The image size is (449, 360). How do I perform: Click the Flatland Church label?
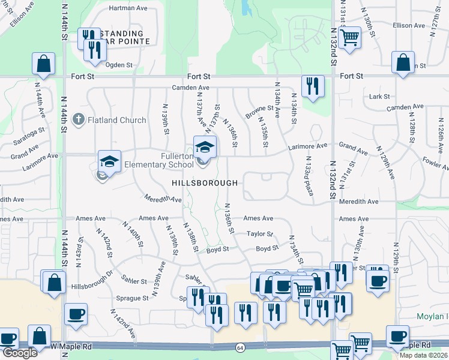click(116, 120)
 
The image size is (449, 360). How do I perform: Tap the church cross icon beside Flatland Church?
click(77, 119)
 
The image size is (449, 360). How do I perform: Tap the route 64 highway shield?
click(240, 347)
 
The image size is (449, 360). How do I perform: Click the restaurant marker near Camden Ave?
click(313, 86)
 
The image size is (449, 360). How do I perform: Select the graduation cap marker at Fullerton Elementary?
click(205, 146)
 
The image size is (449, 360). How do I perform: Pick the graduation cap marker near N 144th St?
click(110, 161)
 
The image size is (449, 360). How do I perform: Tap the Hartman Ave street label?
click(127, 8)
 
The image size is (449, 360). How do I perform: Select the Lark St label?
click(380, 96)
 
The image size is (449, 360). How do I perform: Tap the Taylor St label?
click(260, 234)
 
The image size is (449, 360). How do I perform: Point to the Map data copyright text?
click(423, 355)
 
